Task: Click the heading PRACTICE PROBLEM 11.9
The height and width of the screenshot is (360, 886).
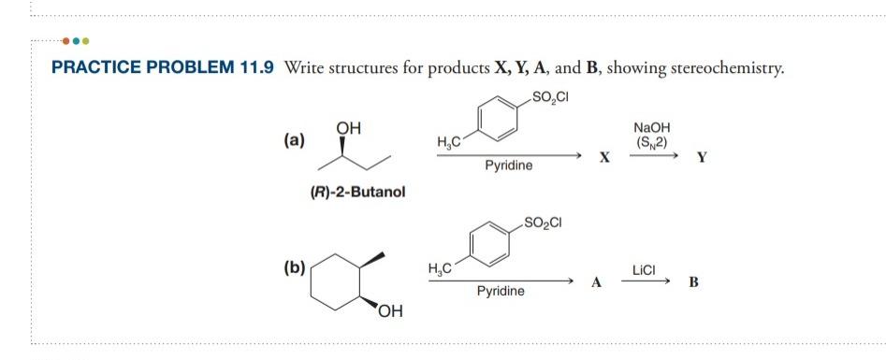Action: click(x=157, y=67)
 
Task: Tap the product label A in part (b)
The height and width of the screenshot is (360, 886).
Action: click(x=594, y=282)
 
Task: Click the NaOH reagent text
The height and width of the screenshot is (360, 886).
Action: click(x=651, y=128)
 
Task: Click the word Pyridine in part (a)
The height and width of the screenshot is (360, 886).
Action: click(x=509, y=166)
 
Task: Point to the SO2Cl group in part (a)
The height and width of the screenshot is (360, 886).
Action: click(x=550, y=96)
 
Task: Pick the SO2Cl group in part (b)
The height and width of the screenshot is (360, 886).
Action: click(x=544, y=223)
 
